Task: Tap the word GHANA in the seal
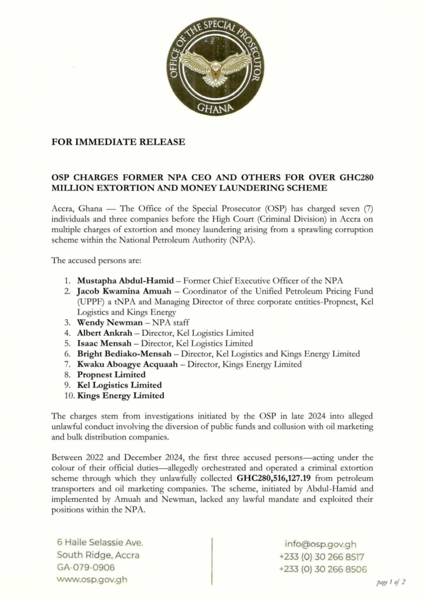(215, 107)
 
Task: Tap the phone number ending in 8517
(322, 556)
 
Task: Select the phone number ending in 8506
(323, 569)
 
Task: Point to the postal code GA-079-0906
(86, 568)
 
